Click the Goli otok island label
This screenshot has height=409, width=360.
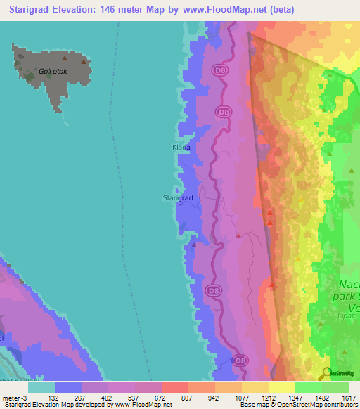pos(55,71)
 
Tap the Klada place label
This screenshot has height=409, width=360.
pos(181,148)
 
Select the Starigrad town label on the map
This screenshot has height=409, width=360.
pos(178,198)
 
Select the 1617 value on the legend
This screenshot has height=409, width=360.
pos(348,397)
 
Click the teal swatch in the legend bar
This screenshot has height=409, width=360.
pos(41,387)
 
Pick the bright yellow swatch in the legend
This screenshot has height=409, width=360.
pos(281,387)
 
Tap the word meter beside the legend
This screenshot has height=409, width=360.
pos(12,397)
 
